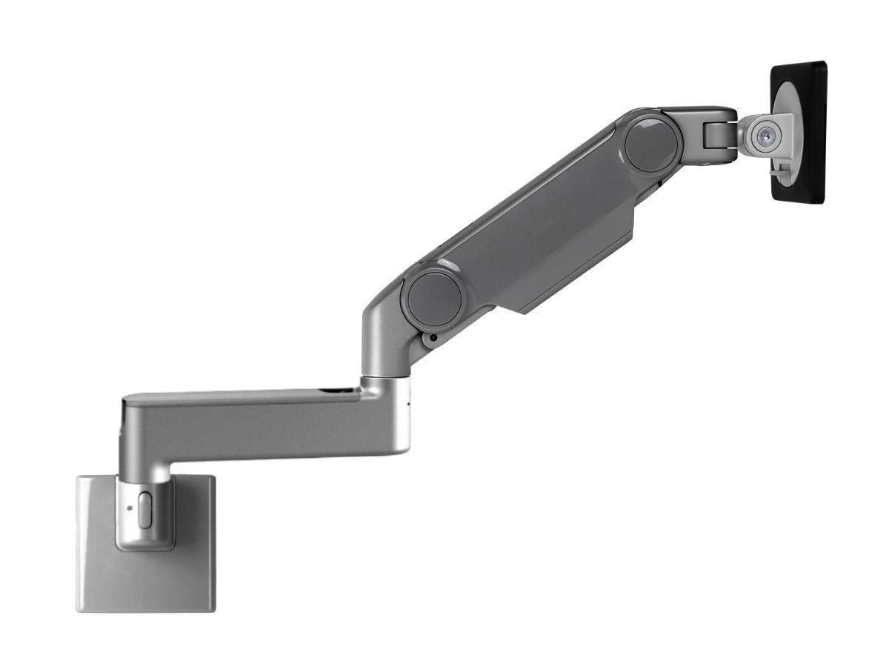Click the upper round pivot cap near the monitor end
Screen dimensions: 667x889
(x=651, y=143)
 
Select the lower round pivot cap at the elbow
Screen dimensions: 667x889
(x=434, y=298)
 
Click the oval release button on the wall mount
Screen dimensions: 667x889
(x=144, y=509)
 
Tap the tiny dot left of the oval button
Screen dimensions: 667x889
(x=129, y=508)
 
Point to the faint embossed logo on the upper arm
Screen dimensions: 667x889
(x=545, y=227)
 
